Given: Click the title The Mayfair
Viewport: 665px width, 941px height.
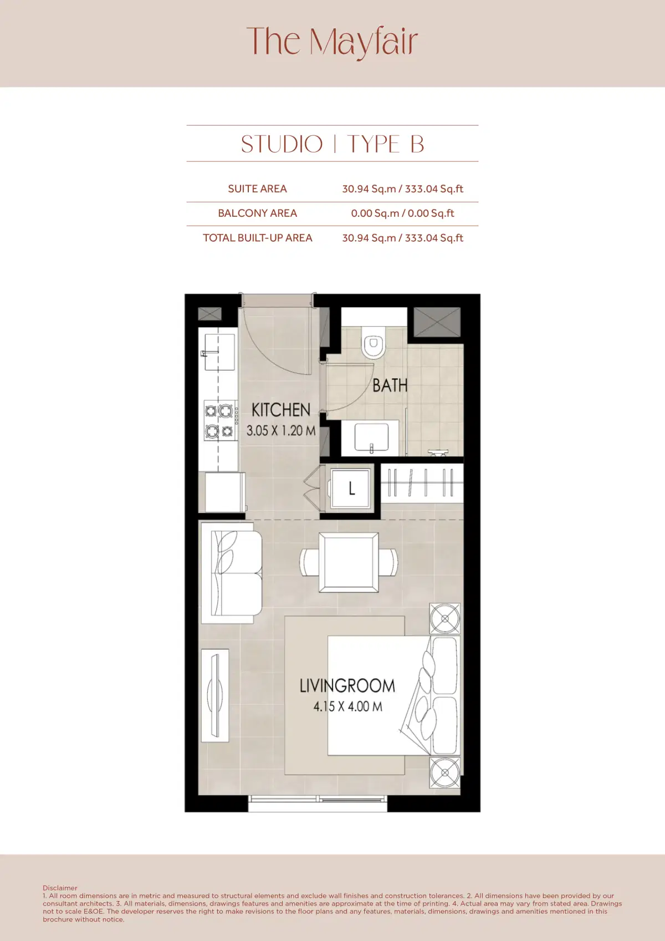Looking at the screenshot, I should [x=332, y=42].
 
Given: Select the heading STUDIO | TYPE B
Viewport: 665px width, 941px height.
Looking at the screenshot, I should [x=332, y=144].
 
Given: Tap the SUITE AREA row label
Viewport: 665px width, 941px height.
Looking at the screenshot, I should [x=257, y=189].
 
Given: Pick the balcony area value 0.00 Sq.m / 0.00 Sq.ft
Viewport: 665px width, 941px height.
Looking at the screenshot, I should [x=402, y=213].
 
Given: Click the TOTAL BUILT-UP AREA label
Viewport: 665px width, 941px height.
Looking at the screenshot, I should [x=257, y=238].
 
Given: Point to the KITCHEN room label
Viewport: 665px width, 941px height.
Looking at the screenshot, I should [x=280, y=410].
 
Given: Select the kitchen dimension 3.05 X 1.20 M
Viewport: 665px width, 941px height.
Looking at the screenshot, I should [x=280, y=430].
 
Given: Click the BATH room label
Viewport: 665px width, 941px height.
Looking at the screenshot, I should [x=390, y=385].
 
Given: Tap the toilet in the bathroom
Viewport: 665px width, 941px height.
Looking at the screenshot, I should [x=373, y=342].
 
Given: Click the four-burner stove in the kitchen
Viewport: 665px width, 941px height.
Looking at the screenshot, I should [x=219, y=420].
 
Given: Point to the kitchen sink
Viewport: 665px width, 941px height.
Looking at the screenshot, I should [x=218, y=352].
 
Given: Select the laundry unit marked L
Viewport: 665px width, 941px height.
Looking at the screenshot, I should [x=351, y=489].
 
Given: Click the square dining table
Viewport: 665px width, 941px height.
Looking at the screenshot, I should [x=349, y=562].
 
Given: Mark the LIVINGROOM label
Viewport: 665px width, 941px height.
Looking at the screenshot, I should [x=347, y=686].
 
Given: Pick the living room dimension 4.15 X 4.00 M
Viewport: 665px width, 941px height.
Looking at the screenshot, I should [x=347, y=706].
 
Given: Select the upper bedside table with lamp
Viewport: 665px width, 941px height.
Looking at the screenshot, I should [x=444, y=618].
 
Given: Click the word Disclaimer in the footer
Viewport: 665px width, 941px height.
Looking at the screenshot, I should [x=60, y=888].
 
